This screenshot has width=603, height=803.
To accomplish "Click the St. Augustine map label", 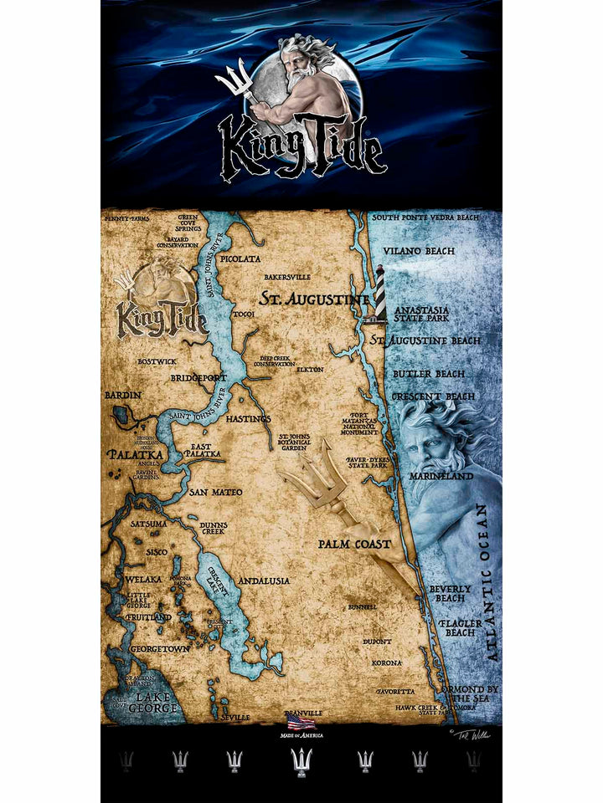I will coord(313,299).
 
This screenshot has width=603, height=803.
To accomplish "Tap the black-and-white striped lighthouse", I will coord(379,293).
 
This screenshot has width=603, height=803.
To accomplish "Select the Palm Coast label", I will coord(354,544).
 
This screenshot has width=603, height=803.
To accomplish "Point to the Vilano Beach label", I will coord(419,250).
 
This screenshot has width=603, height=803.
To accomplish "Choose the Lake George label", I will coord(157,703).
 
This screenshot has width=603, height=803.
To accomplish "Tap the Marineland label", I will coord(441,476).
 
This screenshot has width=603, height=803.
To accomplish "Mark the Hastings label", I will coord(249,418).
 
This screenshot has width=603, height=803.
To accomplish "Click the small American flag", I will coord(301,722).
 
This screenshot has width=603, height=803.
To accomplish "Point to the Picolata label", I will coord(240,260).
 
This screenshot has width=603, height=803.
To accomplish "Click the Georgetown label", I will coord(159,648).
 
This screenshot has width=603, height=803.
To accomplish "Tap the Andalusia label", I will coord(264,580).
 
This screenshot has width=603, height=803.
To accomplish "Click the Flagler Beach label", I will coord(460,627).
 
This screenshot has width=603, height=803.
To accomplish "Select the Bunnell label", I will coord(362,606).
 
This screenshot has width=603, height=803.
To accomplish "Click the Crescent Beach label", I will coord(435,396).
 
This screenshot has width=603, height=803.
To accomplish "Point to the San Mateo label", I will coord(215,492).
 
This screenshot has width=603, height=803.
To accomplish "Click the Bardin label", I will coord(122,394).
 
